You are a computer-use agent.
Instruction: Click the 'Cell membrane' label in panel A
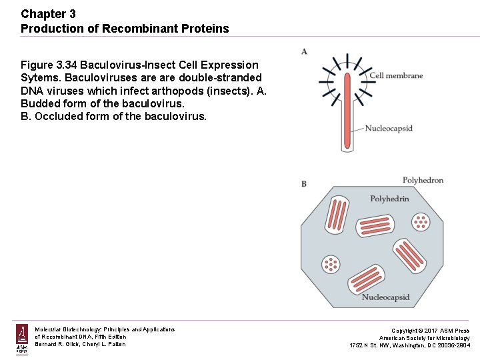click(396, 75)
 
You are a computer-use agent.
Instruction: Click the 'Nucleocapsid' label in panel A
click(389, 128)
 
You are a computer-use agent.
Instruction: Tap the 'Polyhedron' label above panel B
click(423, 180)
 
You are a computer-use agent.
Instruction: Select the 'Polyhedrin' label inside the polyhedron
click(389, 199)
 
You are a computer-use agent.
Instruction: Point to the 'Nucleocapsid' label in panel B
click(385, 297)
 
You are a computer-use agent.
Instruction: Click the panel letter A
click(304, 51)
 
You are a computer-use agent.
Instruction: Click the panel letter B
click(304, 183)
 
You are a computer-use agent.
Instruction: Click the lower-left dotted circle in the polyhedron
click(331, 264)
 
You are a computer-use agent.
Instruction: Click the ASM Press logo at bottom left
click(22, 338)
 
